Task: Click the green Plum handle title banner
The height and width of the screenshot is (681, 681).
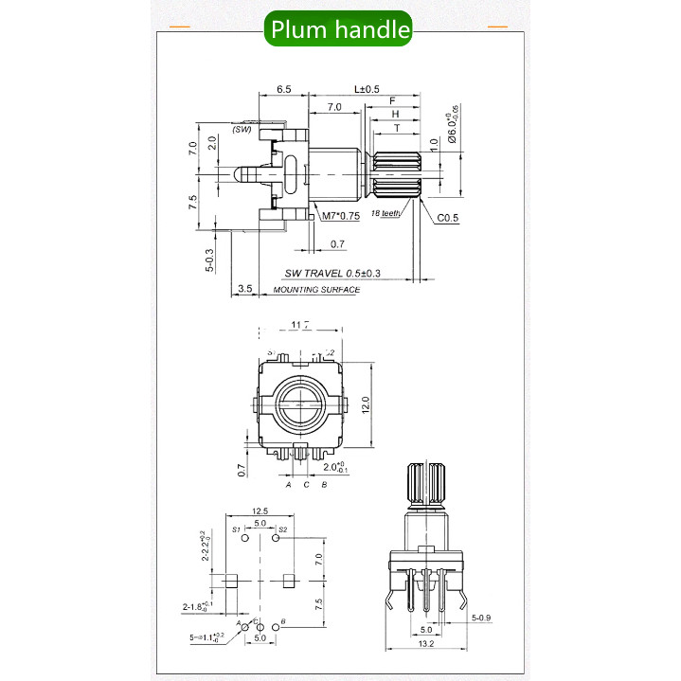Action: tap(339, 29)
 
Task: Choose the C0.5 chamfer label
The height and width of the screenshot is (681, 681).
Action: tap(448, 218)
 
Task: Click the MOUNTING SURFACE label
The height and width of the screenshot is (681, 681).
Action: tap(316, 290)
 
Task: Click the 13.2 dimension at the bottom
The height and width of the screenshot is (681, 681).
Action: tap(426, 645)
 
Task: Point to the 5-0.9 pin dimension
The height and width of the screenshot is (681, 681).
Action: tap(483, 618)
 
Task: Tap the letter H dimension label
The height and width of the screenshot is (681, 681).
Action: tap(395, 113)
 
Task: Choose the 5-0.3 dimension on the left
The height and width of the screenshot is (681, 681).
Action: tap(209, 258)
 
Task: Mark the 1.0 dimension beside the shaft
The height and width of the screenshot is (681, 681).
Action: tap(434, 147)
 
